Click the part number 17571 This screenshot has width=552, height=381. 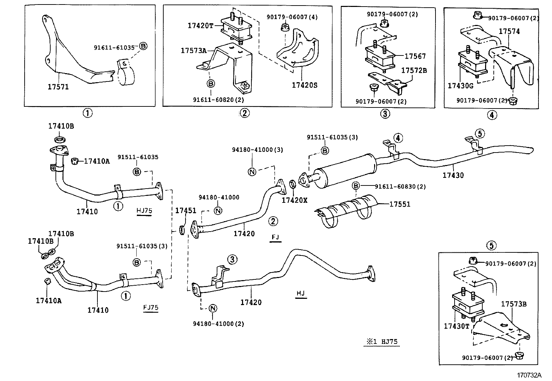pos(58,87)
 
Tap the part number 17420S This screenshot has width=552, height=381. pos(304,85)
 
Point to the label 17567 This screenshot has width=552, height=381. pos(415,56)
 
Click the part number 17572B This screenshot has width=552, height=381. pos(414,71)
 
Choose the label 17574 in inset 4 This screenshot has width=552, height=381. pos(509,32)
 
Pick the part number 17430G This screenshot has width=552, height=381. pos(460,86)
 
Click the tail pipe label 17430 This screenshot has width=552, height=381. pos(453,175)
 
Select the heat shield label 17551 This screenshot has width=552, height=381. pos(399,204)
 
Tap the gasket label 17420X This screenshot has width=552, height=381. pos(294,200)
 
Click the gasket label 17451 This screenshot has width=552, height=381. pos(186,210)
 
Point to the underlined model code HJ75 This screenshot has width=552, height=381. pos(144,210)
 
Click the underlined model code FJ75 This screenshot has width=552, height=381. pos(151,307)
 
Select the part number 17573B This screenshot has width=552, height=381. pos(514,304)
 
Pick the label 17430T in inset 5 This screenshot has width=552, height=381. pos(456,326)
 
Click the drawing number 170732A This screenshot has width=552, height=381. pos(529,375)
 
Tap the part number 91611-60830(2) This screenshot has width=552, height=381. pos(400,187)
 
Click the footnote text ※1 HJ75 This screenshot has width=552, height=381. pos(380,341)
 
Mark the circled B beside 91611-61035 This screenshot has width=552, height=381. pos(143,46)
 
